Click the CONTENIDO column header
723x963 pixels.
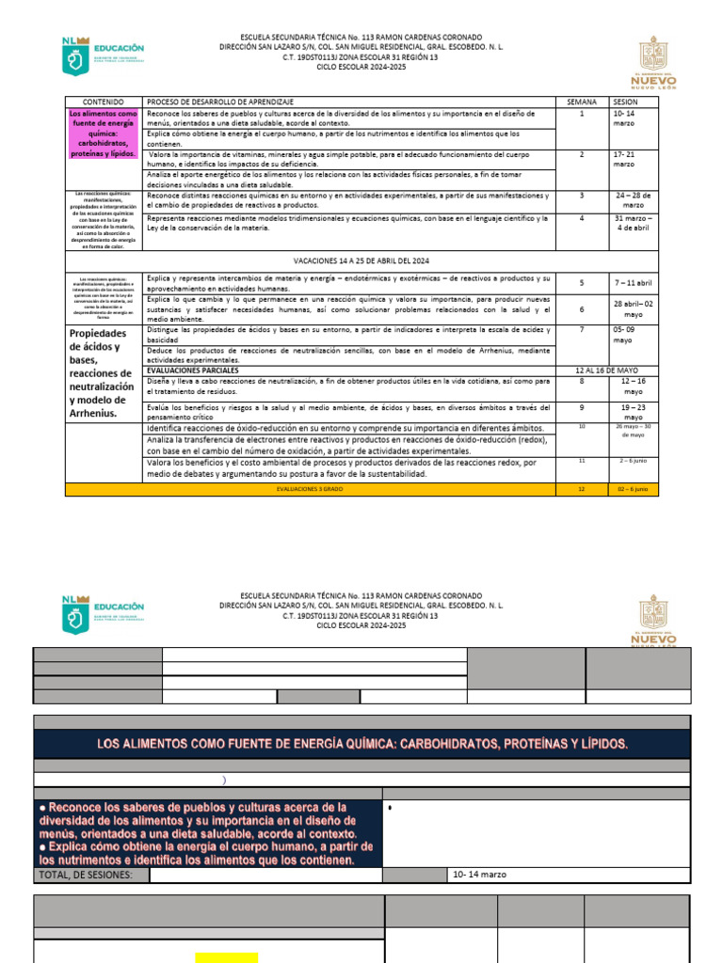point(103,101)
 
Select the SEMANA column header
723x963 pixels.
point(582,101)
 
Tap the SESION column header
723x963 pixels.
point(625,101)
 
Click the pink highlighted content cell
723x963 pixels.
point(103,133)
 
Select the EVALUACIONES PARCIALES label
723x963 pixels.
point(193,370)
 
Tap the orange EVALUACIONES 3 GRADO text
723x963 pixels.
point(310,489)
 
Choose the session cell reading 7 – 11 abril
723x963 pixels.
point(633,282)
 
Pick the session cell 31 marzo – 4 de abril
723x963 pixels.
point(633,223)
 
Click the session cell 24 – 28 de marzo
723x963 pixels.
point(633,200)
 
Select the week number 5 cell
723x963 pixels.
point(582,282)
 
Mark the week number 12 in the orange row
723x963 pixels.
point(582,489)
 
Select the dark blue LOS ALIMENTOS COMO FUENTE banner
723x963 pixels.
point(362,744)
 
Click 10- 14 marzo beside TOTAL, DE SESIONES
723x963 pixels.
point(479,875)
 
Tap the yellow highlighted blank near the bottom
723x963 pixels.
point(227,957)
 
